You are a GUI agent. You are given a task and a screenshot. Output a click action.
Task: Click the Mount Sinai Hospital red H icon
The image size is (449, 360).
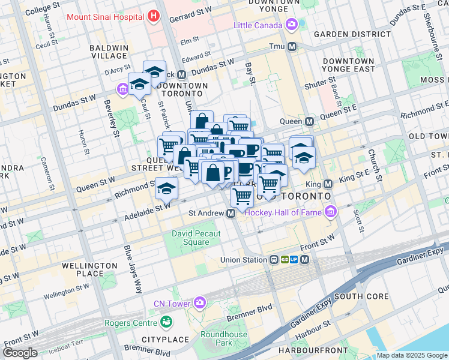(154, 16)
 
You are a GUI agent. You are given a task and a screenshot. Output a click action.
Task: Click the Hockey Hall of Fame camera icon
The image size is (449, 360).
(330, 212)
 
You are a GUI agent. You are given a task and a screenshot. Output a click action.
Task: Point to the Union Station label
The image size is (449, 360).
(243, 260)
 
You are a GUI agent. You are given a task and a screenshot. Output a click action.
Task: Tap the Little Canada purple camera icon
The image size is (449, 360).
(292, 25)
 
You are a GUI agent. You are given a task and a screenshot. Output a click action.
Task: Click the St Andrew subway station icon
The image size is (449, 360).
(231, 213)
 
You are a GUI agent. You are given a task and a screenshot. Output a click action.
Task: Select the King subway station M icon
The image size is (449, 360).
(328, 184)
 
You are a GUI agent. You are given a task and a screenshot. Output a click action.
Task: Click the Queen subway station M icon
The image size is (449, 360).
(310, 121)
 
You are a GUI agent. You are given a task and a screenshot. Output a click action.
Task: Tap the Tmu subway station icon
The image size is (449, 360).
(292, 47)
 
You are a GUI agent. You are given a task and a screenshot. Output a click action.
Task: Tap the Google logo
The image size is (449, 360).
(20, 353)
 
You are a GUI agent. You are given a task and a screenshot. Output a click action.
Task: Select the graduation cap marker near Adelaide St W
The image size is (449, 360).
(166, 190)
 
